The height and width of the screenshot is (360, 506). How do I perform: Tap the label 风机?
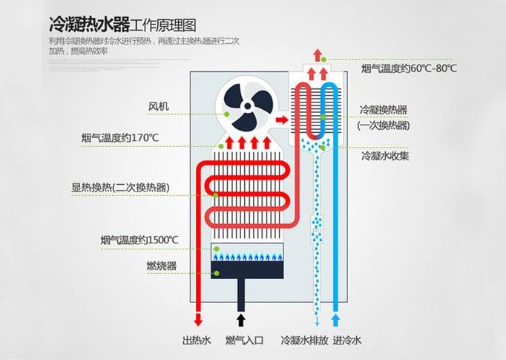(x=158, y=107)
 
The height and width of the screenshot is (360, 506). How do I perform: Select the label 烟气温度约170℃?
(x=120, y=137)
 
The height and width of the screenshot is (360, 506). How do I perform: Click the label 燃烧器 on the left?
(x=162, y=266)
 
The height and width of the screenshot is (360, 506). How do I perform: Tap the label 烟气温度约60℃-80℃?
(x=409, y=68)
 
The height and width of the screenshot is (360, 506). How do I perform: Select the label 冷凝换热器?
(x=382, y=110)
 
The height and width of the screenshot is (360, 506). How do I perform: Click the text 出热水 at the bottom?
(x=197, y=341)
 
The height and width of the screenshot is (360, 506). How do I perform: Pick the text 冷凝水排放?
(x=300, y=341)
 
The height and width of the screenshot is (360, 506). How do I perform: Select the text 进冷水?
(x=347, y=341)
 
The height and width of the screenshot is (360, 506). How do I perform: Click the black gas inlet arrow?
(x=240, y=320)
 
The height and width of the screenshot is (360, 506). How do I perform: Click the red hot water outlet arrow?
(x=198, y=320)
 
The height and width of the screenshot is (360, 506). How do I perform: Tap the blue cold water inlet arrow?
(x=335, y=320)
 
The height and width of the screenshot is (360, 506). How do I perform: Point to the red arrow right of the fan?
(x=281, y=118)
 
